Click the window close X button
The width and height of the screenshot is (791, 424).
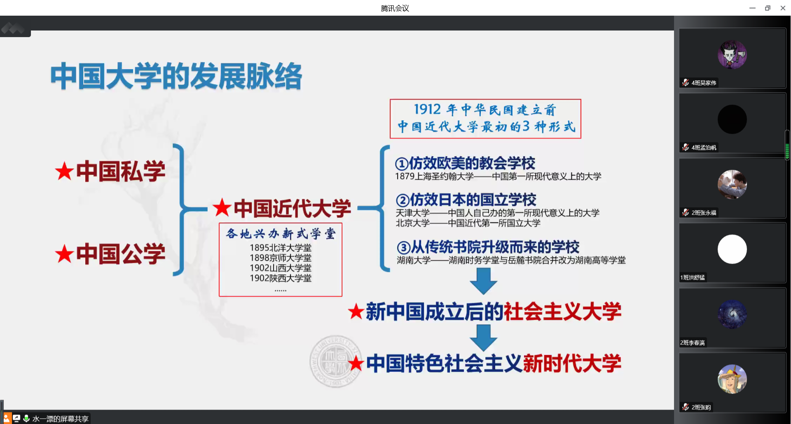click(x=783, y=8)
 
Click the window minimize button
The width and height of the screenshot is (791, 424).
click(x=752, y=8)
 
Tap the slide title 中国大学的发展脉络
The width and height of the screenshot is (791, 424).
click(x=176, y=76)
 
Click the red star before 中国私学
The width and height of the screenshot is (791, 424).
click(x=64, y=171)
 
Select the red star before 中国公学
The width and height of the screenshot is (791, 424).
click(x=64, y=254)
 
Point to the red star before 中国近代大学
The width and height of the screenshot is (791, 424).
click(x=222, y=208)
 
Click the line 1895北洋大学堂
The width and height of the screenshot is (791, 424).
click(x=281, y=248)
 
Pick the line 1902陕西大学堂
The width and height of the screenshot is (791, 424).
click(x=281, y=278)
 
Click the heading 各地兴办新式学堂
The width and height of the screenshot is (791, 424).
click(x=281, y=234)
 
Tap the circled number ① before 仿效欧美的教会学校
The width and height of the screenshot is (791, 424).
click(x=402, y=164)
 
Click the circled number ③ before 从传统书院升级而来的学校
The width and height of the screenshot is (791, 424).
click(x=404, y=248)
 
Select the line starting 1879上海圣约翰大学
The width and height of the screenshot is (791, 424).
click(x=498, y=176)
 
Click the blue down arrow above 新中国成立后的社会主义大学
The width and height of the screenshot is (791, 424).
click(x=483, y=281)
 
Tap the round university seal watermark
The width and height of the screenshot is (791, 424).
click(x=336, y=361)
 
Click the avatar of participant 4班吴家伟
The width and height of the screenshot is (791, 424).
click(x=732, y=54)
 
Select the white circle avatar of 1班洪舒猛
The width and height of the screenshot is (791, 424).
click(x=732, y=249)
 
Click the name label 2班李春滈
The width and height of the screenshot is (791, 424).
click(x=693, y=343)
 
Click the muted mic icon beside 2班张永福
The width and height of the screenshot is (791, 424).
click(x=686, y=212)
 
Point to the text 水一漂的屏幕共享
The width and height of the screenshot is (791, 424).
click(x=61, y=419)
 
